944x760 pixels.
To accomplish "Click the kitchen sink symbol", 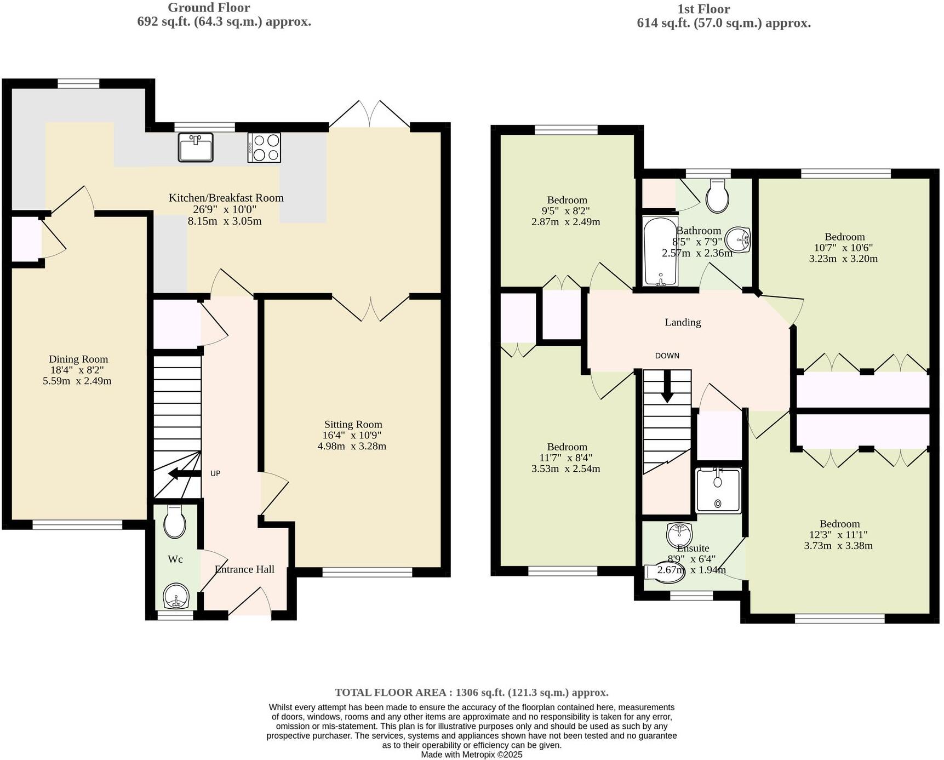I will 196,147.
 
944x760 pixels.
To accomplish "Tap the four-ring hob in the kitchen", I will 264,147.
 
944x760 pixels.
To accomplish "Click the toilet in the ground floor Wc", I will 174,522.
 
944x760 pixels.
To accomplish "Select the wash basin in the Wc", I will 176,597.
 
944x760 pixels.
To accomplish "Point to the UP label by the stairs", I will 215,473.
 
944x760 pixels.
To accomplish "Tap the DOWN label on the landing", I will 667,356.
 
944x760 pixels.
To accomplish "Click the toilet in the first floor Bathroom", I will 717,196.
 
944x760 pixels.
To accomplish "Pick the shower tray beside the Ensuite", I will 718,490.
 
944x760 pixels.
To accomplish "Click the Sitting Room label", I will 353,424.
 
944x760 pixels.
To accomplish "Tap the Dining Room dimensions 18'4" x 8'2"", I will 77,370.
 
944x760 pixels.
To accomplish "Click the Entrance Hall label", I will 244,569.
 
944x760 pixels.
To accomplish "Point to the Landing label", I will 683,322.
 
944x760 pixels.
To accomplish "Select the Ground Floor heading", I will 209,8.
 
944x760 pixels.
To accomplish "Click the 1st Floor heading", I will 703,9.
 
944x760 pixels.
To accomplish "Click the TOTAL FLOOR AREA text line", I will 471,692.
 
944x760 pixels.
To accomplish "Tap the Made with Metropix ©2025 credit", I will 471,755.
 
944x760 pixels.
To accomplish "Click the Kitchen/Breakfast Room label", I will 226,198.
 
